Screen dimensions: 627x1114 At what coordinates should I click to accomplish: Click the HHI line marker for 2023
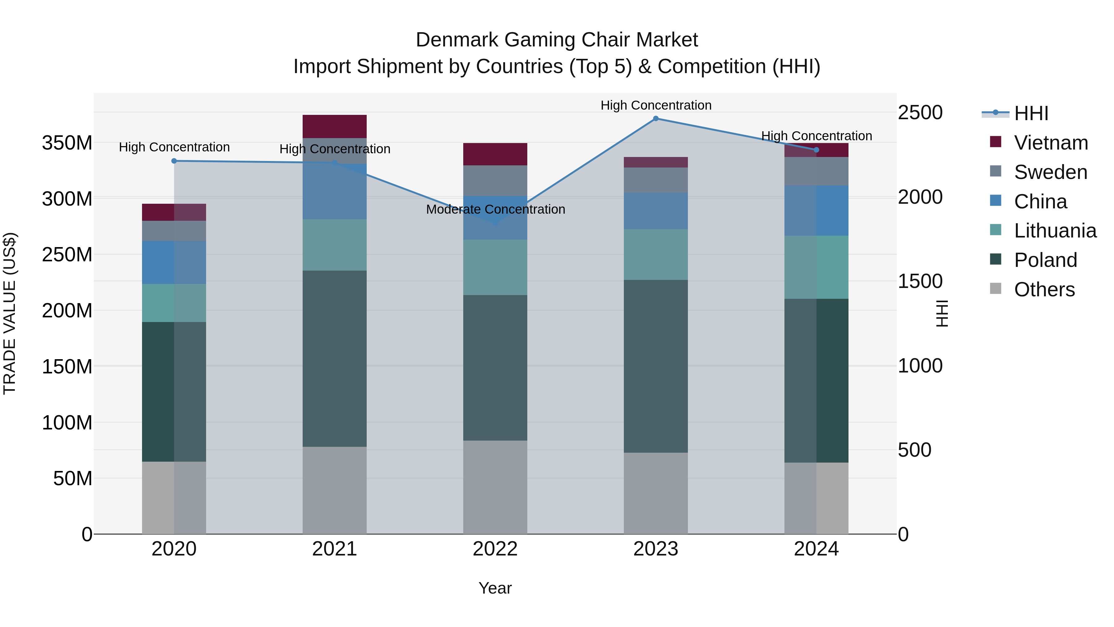pos(656,119)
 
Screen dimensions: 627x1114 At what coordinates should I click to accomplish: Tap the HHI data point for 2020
pos(174,161)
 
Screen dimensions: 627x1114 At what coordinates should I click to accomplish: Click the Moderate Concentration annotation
pos(496,209)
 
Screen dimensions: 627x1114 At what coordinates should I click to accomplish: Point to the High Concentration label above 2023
pos(656,105)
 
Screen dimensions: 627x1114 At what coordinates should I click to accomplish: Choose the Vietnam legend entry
pos(1051,143)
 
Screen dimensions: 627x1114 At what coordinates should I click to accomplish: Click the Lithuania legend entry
pos(1055,231)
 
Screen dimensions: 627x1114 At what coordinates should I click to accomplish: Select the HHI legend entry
pos(1031,113)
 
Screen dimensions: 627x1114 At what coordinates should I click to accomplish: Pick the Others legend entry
pos(1044,290)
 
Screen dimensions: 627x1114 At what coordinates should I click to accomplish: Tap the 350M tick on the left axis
pos(67,143)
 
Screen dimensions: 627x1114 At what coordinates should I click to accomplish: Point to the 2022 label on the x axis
pos(495,549)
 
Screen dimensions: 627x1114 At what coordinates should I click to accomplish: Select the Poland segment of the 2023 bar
pos(656,366)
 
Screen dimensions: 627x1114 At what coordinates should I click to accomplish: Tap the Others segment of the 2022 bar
pos(495,487)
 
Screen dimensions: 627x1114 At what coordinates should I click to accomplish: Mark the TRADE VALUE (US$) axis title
pos(10,313)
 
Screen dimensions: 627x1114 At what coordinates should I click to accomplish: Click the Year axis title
pos(495,588)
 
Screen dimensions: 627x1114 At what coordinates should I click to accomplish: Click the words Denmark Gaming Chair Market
pos(557,40)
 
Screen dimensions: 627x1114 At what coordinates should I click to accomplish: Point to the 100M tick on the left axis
pos(67,423)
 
